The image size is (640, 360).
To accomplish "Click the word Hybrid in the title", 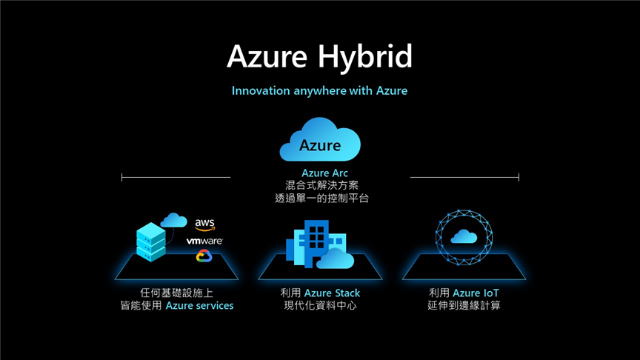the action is [x=365, y=57].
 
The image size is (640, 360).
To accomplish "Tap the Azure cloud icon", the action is [x=320, y=139].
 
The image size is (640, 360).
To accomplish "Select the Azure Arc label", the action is [x=324, y=173].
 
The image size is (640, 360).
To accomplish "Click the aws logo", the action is [x=205, y=224].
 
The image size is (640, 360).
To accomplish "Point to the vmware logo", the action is [x=204, y=241].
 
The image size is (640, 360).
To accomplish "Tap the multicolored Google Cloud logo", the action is [x=204, y=256].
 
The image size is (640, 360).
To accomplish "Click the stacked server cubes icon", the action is [x=151, y=241].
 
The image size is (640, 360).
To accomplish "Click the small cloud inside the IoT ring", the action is [x=464, y=236].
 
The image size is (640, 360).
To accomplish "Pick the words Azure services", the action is [x=199, y=306].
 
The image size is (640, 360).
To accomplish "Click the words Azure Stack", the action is [x=333, y=293].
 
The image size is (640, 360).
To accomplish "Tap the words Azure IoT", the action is [x=476, y=293].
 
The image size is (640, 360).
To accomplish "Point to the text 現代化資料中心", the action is [x=321, y=306].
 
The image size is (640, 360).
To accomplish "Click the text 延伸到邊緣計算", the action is [x=464, y=306].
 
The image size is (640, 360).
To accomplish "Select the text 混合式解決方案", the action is [x=321, y=186].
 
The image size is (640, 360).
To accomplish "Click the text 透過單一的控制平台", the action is [x=321, y=199].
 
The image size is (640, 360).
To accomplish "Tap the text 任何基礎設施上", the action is [x=176, y=293].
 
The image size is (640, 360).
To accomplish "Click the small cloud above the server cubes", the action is [x=173, y=220].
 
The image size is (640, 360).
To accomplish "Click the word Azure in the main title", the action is [x=267, y=56].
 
